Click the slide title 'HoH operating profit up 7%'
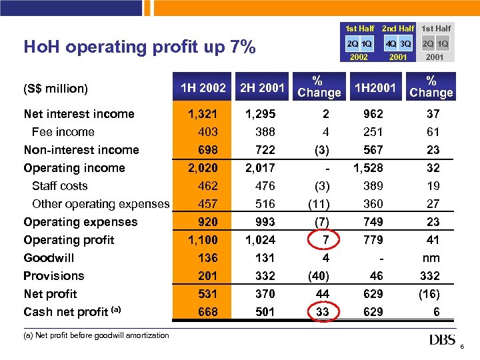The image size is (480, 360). pos(139,47)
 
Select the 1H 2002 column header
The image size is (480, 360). pos(203,88)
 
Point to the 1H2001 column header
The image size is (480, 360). pos(375,88)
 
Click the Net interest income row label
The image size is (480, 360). pos(79,114)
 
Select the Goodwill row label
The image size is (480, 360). pos(49,258)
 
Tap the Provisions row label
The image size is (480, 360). pos(53,276)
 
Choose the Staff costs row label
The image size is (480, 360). pos(59,186)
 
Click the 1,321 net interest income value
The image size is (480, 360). pos(204,114)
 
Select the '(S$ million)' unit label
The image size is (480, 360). pos(56,88)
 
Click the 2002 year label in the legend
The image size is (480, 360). pos(359,58)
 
